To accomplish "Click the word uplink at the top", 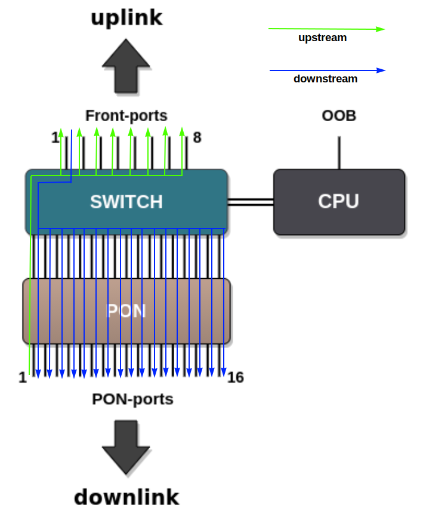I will [x=126, y=17].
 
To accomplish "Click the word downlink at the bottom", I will [x=126, y=496].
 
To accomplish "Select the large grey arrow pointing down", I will [x=126, y=447].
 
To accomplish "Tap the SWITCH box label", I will [x=126, y=202].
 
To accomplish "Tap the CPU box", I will [x=339, y=202].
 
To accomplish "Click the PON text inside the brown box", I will [x=126, y=311].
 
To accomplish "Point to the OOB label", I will [x=339, y=116].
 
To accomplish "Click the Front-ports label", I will [x=126, y=116].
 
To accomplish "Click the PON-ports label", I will [x=132, y=399].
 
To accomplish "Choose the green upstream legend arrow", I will [x=326, y=29].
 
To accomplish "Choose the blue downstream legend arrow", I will [x=328, y=70].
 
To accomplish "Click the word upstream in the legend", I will [x=322, y=38].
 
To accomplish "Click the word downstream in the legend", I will [x=325, y=79].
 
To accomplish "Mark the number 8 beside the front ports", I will [x=197, y=138].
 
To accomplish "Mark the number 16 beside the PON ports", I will [x=236, y=378].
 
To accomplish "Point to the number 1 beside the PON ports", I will [x=23, y=378].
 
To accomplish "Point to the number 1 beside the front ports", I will [x=55, y=138].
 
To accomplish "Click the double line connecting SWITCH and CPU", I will [x=251, y=202].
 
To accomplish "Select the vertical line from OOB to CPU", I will [x=339, y=153].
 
